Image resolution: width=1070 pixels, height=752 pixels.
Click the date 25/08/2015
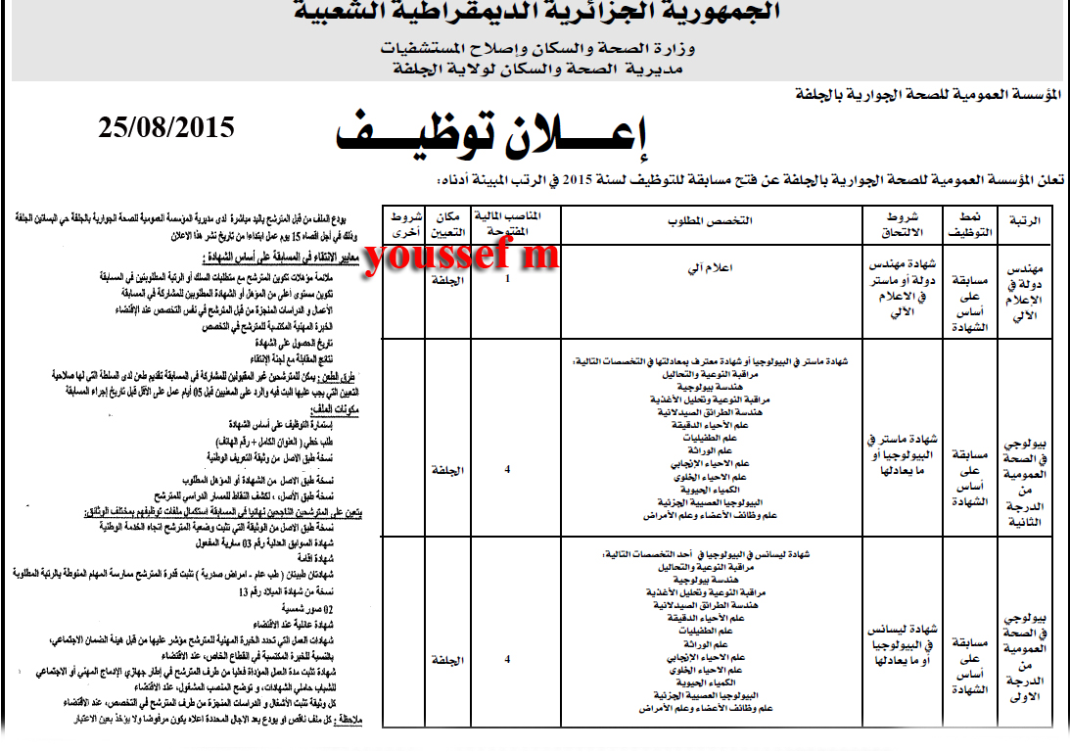pyautogui.click(x=166, y=127)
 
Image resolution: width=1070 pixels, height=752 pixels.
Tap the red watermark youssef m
pyautogui.click(x=460, y=256)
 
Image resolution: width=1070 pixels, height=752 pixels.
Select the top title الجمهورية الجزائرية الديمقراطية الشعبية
pyautogui.click(x=537, y=14)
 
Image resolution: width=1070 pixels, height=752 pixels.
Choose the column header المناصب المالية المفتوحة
pyautogui.click(x=506, y=222)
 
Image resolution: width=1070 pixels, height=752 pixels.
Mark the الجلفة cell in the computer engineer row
pyautogui.click(x=446, y=279)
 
